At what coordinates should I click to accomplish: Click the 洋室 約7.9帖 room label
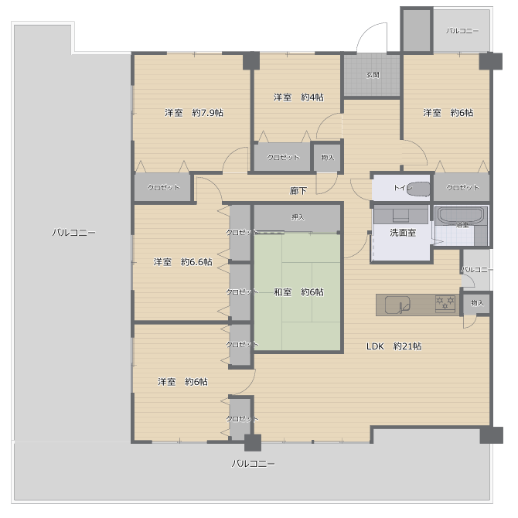pos(193,113)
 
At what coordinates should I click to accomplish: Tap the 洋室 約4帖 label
pos(298,97)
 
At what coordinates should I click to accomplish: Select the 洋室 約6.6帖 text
pos(182,262)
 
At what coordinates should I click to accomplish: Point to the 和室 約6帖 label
pos(298,292)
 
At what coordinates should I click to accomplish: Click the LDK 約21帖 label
pos(394,346)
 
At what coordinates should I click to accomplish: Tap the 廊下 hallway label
pos(298,190)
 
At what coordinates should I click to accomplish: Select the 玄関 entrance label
pos(373,75)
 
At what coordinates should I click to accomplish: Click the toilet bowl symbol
pos(417,188)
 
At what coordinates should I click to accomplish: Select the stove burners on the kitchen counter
pos(445,304)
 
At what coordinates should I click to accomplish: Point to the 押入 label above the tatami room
pos(298,217)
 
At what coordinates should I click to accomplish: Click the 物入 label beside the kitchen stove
pos(477,302)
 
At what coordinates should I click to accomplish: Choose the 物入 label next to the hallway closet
pos(327,157)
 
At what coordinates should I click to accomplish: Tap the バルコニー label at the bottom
pos(254,464)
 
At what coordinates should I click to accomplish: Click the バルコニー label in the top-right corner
pos(462,31)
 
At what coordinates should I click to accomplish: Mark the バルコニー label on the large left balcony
pos(74,232)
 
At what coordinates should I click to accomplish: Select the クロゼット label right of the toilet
pos(462,188)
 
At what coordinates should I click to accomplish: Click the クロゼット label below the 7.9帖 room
pos(163,188)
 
